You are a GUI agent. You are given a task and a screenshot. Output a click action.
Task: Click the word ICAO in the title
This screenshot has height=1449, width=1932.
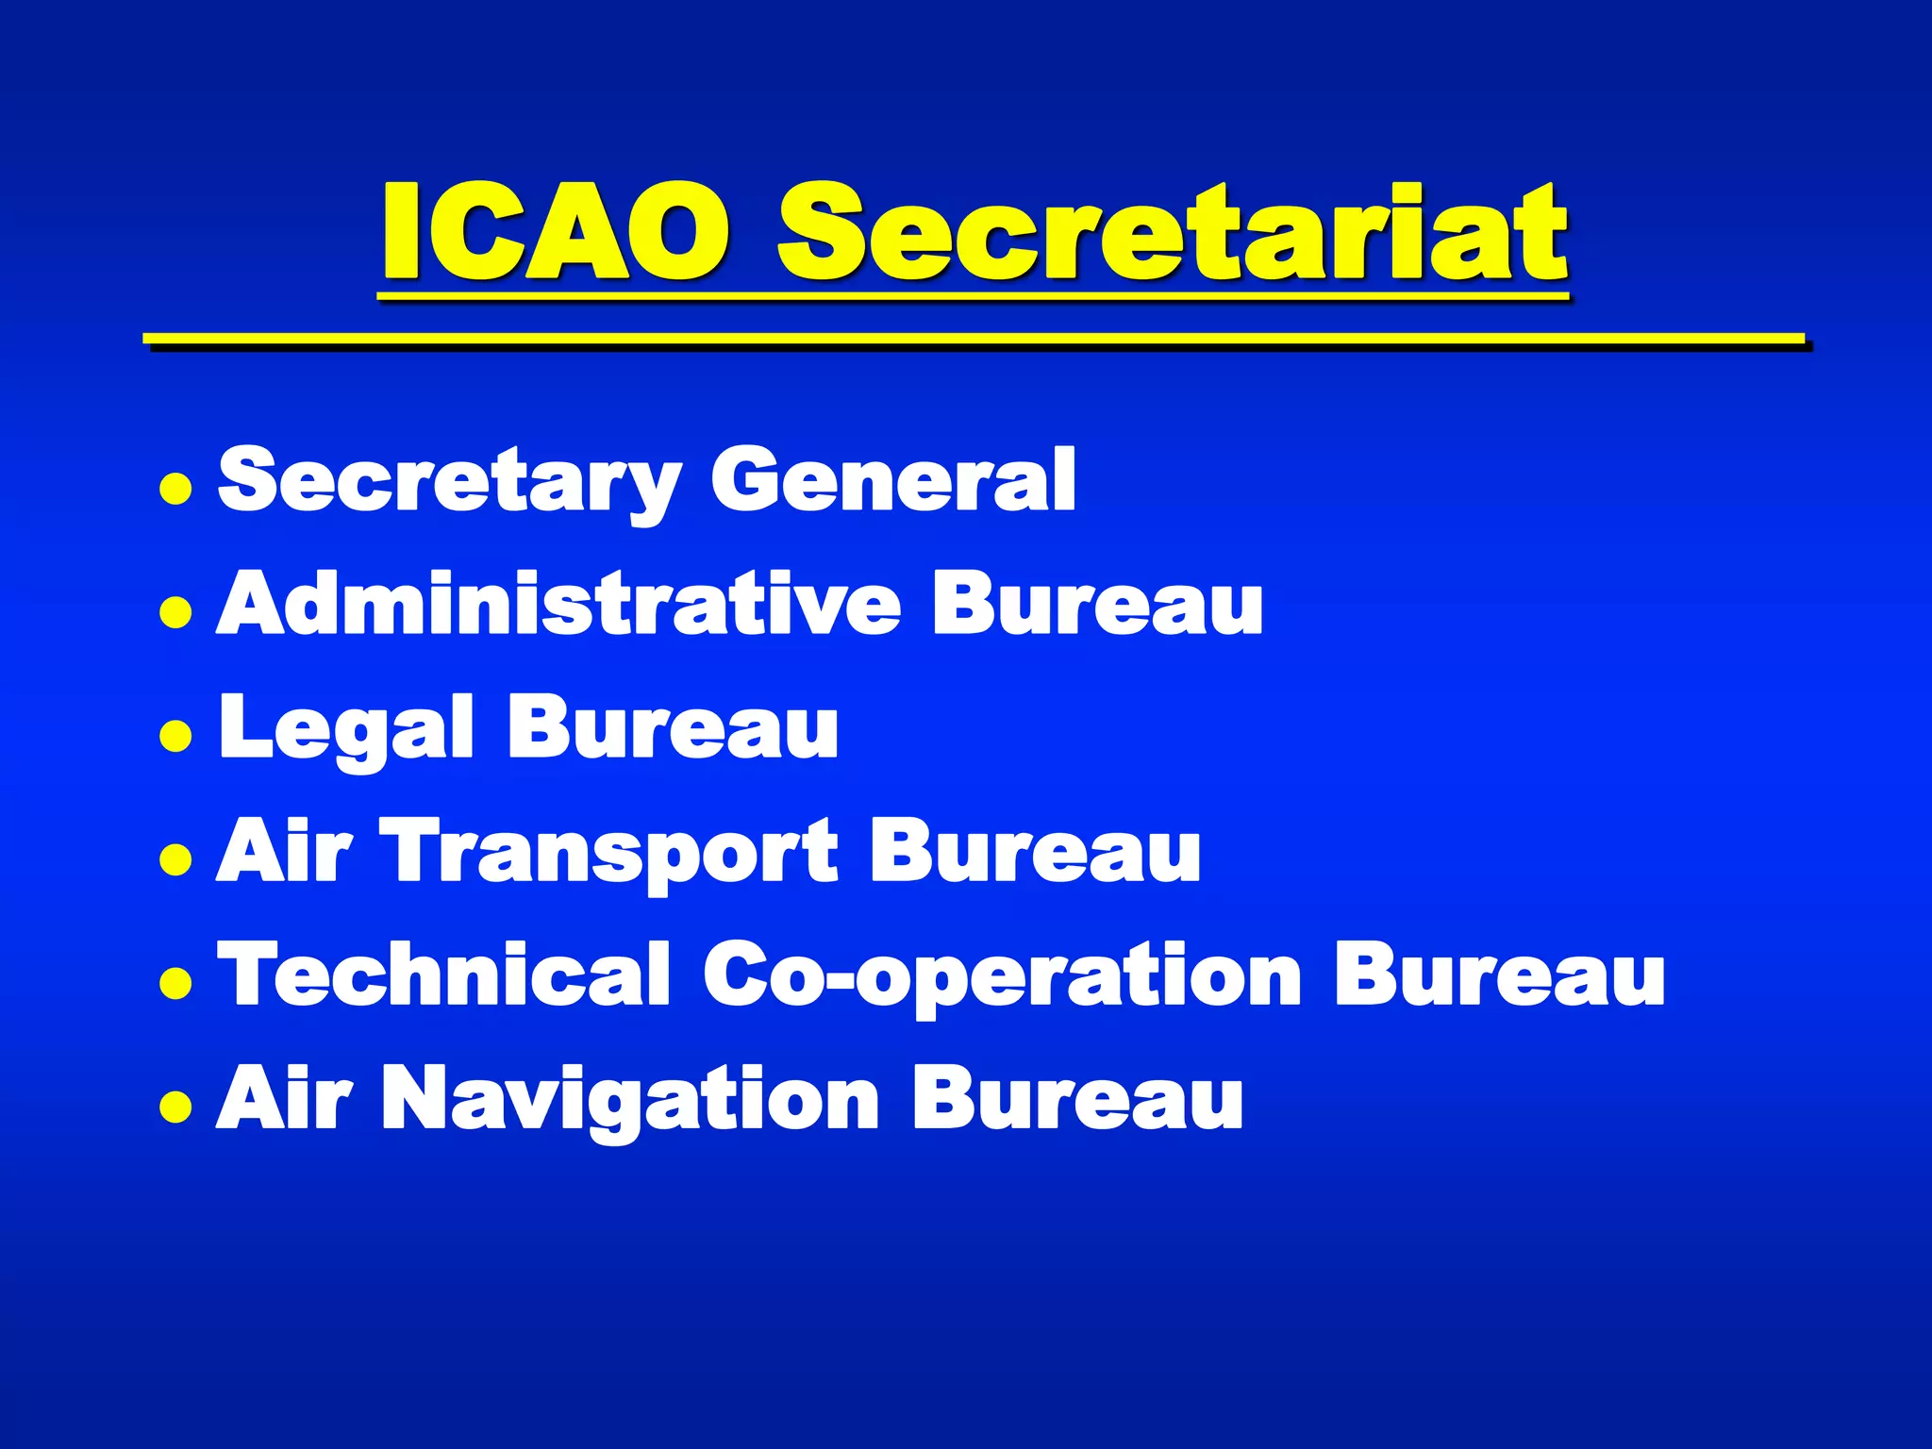pyautogui.click(x=555, y=232)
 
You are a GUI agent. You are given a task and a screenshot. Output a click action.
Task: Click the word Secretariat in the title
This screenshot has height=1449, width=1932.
pyautogui.click(x=1172, y=232)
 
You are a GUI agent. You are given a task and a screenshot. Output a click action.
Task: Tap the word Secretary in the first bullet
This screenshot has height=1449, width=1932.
pyautogui.click(x=449, y=481)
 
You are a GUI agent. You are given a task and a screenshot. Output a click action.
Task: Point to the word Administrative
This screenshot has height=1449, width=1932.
pyautogui.click(x=558, y=604)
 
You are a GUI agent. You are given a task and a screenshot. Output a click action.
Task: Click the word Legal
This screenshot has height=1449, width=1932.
pyautogui.click(x=346, y=728)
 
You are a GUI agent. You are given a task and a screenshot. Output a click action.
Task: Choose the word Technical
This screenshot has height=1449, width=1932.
pyautogui.click(x=443, y=974)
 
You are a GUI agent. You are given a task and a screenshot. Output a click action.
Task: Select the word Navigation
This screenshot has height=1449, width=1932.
pyautogui.click(x=630, y=1098)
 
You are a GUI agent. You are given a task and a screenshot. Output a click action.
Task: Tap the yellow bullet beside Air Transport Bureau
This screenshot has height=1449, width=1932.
pyautogui.click(x=176, y=858)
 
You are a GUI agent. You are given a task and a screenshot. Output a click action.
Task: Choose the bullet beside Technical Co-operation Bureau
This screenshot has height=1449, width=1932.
pyautogui.click(x=176, y=982)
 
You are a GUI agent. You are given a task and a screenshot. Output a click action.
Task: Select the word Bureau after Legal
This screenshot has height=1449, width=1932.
pyautogui.click(x=672, y=726)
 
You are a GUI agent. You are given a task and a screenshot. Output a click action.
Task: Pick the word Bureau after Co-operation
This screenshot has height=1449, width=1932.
pyautogui.click(x=1499, y=974)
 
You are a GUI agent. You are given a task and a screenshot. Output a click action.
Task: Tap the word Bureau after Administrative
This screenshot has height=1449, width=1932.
pyautogui.click(x=1097, y=604)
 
